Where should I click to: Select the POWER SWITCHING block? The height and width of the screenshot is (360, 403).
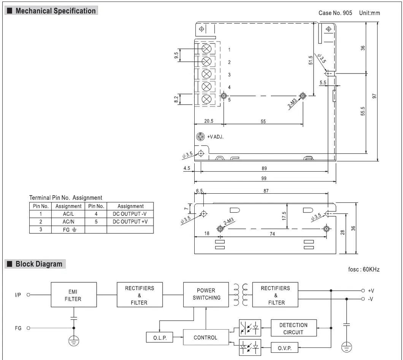pos(206,294)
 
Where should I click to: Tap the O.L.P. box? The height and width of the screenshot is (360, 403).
pos(159,338)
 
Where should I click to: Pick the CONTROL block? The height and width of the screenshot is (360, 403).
pos(206,338)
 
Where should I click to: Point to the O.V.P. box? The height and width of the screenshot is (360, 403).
pos(284,347)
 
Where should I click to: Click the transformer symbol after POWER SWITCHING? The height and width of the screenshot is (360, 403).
pos(240,294)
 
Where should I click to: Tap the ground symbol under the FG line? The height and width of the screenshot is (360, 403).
pos(74,341)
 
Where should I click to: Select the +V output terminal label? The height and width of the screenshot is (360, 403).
pos(371,290)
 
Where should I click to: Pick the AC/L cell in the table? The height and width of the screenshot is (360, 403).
pos(68,214)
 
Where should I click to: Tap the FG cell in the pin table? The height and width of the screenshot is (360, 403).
pos(68,229)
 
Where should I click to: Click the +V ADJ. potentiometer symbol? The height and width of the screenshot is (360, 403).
pos(200,137)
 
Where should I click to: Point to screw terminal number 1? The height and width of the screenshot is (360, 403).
pos(206,49)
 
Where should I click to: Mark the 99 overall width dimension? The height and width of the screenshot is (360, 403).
pos(264,178)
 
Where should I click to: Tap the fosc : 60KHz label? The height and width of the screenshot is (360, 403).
pos(363,269)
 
